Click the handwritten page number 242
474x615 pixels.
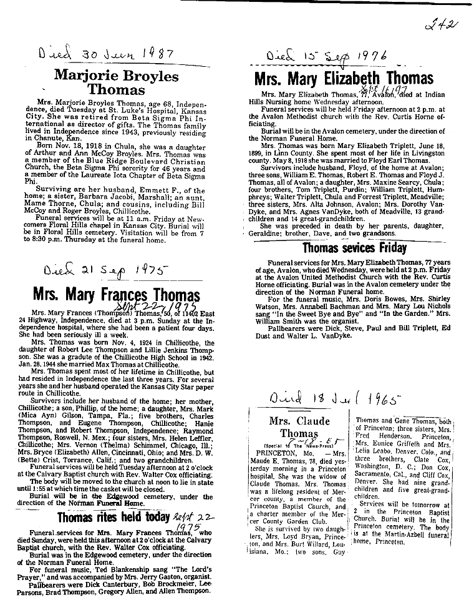(x=443, y=26)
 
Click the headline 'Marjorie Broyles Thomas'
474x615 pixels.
(x=116, y=83)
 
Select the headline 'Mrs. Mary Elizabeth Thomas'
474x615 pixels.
(x=344, y=79)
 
